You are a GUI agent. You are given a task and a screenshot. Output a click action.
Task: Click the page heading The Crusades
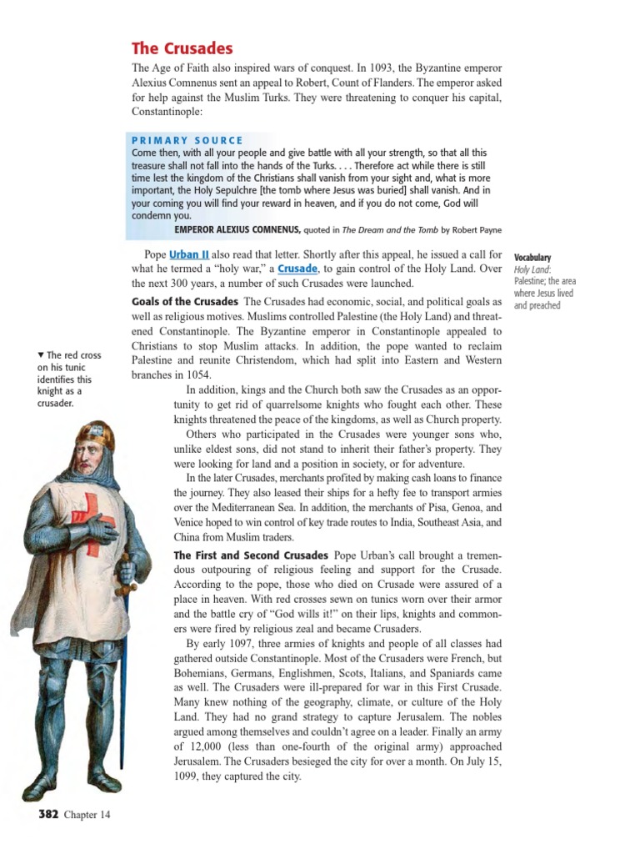point(182,48)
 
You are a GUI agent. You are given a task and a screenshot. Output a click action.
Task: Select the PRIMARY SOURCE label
point(187,140)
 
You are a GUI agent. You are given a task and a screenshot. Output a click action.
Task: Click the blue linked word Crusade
point(297,269)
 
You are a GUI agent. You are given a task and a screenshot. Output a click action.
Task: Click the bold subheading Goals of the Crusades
point(185,301)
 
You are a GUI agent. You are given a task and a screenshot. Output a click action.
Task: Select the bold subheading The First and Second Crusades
point(250,555)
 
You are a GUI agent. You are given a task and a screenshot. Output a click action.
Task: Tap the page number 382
point(47,814)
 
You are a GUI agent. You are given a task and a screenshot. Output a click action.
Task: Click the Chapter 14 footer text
point(87,815)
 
